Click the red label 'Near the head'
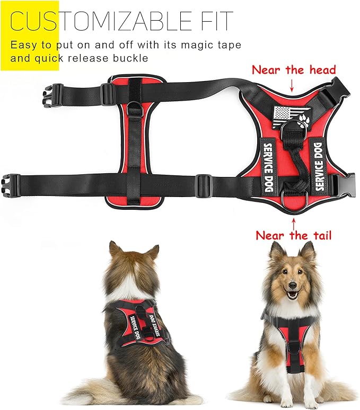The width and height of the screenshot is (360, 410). pyautogui.click(x=293, y=70)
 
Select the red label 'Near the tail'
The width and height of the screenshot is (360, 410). pyautogui.click(x=293, y=235)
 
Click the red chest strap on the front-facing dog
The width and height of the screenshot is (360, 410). pyautogui.click(x=292, y=344)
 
